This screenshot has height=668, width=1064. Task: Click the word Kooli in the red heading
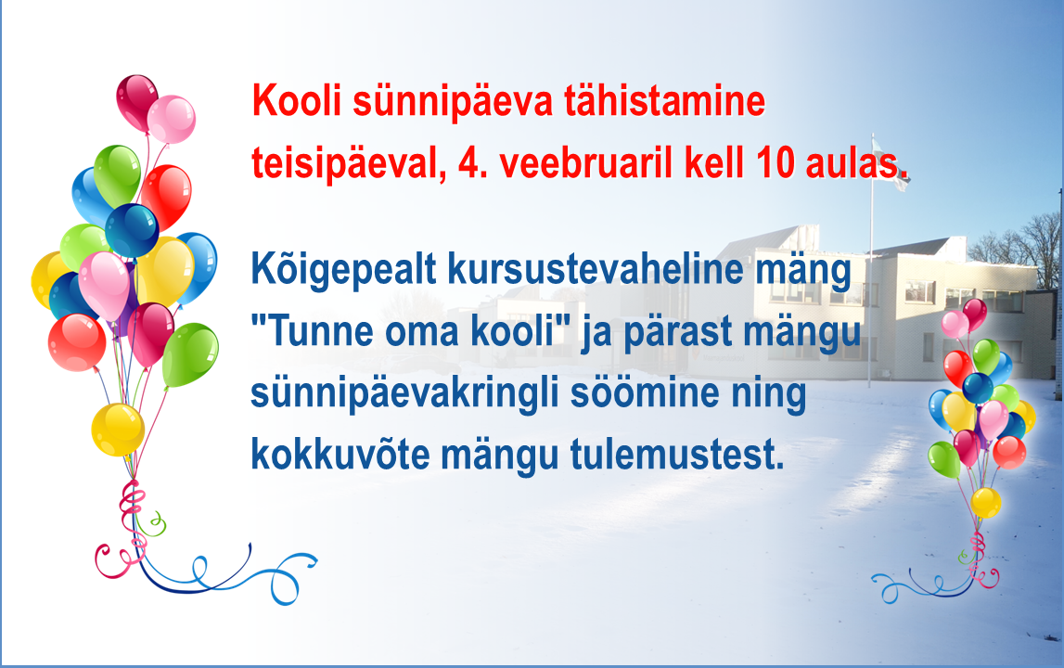296,101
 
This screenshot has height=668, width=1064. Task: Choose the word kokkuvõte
340,455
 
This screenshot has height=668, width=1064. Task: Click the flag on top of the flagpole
891,163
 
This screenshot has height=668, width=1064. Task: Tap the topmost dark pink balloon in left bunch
136,102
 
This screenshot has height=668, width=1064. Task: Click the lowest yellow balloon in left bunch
118,430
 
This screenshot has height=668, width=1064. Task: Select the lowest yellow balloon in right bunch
985,502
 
